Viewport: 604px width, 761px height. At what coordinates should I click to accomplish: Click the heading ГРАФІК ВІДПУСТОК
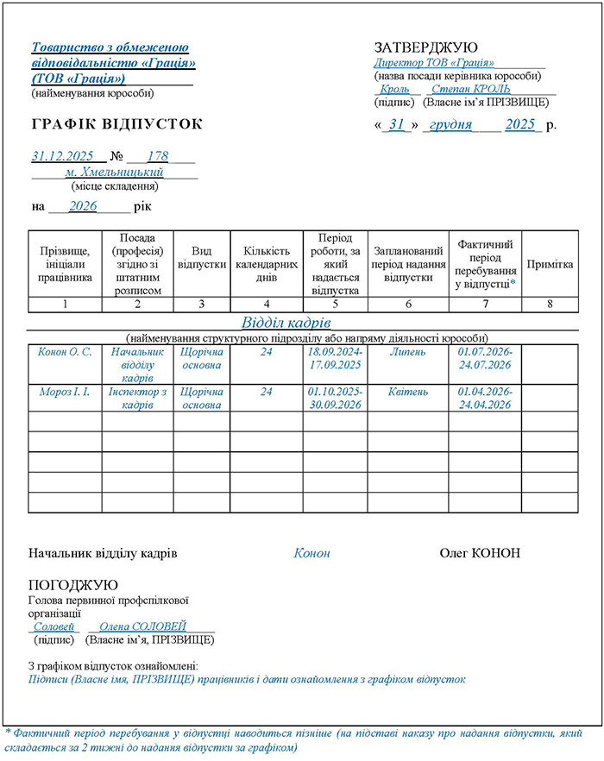116,125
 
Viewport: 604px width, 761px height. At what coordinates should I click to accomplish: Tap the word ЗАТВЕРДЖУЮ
425,47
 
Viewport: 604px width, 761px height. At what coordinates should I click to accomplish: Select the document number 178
158,156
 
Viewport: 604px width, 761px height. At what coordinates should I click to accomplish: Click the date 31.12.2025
62,156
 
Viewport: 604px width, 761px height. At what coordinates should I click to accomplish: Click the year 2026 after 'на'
83,207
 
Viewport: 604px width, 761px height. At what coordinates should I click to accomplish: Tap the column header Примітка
550,264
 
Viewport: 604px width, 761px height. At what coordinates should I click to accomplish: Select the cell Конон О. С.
65,352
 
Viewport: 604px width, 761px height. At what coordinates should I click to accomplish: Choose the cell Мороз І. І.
65,392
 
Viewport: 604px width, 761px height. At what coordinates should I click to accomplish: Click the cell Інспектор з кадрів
137,398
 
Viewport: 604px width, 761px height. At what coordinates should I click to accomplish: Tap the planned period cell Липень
408,352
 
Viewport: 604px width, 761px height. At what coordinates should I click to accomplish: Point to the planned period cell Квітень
408,392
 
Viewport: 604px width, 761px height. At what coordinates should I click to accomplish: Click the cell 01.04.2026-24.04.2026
486,398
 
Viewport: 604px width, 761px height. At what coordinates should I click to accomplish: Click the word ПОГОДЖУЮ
73,585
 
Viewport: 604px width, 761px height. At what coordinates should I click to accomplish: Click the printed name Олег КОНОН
480,553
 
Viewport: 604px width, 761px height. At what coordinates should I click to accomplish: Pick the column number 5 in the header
335,304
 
